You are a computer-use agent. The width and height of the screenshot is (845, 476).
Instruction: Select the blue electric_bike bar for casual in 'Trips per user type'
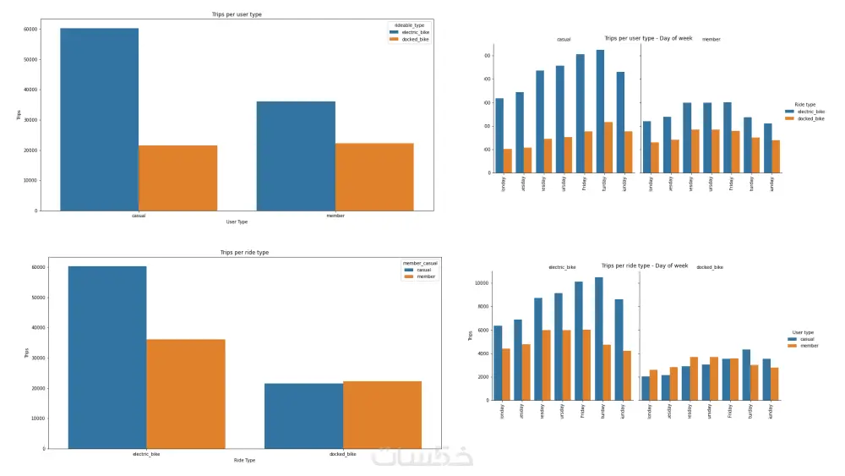(x=99, y=118)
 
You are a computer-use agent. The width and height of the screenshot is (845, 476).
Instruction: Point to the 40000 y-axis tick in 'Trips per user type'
(x=30, y=90)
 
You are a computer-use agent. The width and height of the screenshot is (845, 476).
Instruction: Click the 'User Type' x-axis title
(x=237, y=222)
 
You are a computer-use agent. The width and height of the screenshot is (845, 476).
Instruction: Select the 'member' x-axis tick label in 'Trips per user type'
(x=335, y=216)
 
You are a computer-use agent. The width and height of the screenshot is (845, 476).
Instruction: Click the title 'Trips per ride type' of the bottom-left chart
(x=244, y=252)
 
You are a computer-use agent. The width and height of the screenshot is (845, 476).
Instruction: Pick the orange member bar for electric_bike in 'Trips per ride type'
(x=186, y=393)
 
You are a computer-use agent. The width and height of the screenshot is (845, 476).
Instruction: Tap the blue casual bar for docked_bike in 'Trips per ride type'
(x=303, y=415)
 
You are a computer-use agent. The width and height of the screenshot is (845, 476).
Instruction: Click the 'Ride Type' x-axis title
(x=244, y=460)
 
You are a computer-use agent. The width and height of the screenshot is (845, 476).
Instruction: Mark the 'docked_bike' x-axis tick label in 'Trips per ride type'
(x=342, y=454)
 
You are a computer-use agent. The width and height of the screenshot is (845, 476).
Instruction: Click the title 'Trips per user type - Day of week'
(x=648, y=38)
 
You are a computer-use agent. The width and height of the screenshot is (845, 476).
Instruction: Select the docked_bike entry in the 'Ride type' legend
(x=810, y=118)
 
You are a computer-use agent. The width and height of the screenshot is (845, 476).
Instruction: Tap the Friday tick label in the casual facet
(x=584, y=183)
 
